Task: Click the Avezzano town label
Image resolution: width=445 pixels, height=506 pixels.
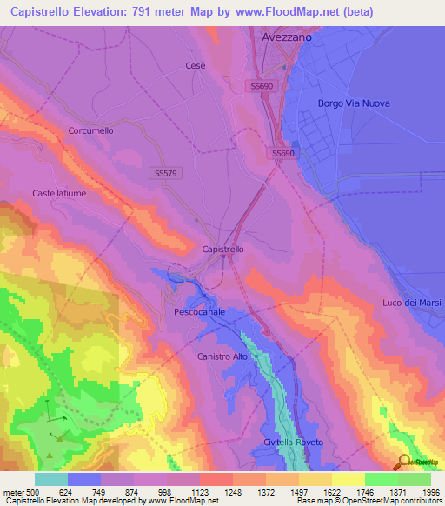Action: pyautogui.click(x=286, y=38)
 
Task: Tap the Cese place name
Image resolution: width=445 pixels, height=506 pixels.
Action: pyautogui.click(x=194, y=65)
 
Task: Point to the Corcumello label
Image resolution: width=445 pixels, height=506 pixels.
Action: pyautogui.click(x=90, y=130)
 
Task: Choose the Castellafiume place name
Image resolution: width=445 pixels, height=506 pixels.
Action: pyautogui.click(x=59, y=193)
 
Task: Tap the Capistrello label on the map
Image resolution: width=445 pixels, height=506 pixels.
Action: pyautogui.click(x=222, y=249)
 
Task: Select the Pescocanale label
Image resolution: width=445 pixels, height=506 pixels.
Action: pyautogui.click(x=200, y=311)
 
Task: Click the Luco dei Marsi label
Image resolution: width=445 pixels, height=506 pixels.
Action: pyautogui.click(x=411, y=303)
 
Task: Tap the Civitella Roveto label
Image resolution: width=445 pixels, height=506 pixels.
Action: pyautogui.click(x=293, y=443)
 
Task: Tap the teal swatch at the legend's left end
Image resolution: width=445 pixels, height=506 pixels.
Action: pyautogui.click(x=51, y=479)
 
